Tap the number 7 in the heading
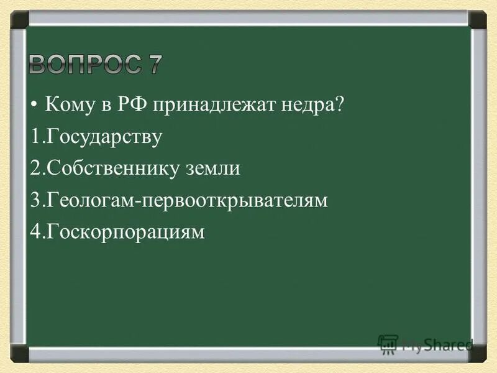pos(152,64)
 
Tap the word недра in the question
pos(304,104)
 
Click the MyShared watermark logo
pos(426,344)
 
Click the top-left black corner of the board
pos(19,19)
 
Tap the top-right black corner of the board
pos(477,19)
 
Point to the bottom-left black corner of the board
pos(19,354)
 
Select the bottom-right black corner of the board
pos(477,354)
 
